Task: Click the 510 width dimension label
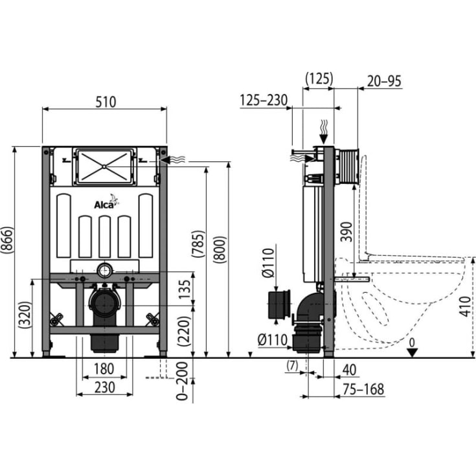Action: [x=105, y=102]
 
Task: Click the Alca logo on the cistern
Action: [x=104, y=205]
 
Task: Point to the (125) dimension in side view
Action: [x=319, y=78]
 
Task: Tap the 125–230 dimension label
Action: [x=264, y=100]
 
